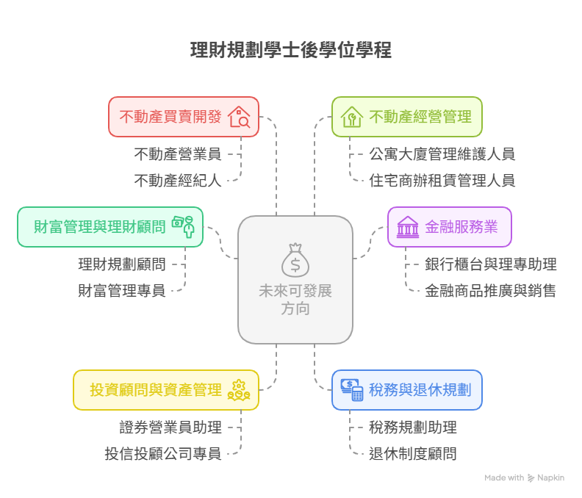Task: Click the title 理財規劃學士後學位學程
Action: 291,51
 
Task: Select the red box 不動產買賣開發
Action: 184,116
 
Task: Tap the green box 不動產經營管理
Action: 406,116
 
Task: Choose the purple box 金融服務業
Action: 449,225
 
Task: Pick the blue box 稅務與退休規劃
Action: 406,389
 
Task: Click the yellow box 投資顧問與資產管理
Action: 165,389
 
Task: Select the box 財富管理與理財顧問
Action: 110,225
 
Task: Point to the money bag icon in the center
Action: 295,258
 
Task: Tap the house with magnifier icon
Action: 239,117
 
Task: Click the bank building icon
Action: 407,226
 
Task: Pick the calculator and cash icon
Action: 352,389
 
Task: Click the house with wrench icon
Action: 352,117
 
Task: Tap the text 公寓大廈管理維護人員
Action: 442,154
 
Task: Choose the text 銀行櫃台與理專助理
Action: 490,264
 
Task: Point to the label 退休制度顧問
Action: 412,453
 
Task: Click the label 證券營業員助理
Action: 170,427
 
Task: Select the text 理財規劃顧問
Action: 122,264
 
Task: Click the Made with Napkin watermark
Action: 524,477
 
